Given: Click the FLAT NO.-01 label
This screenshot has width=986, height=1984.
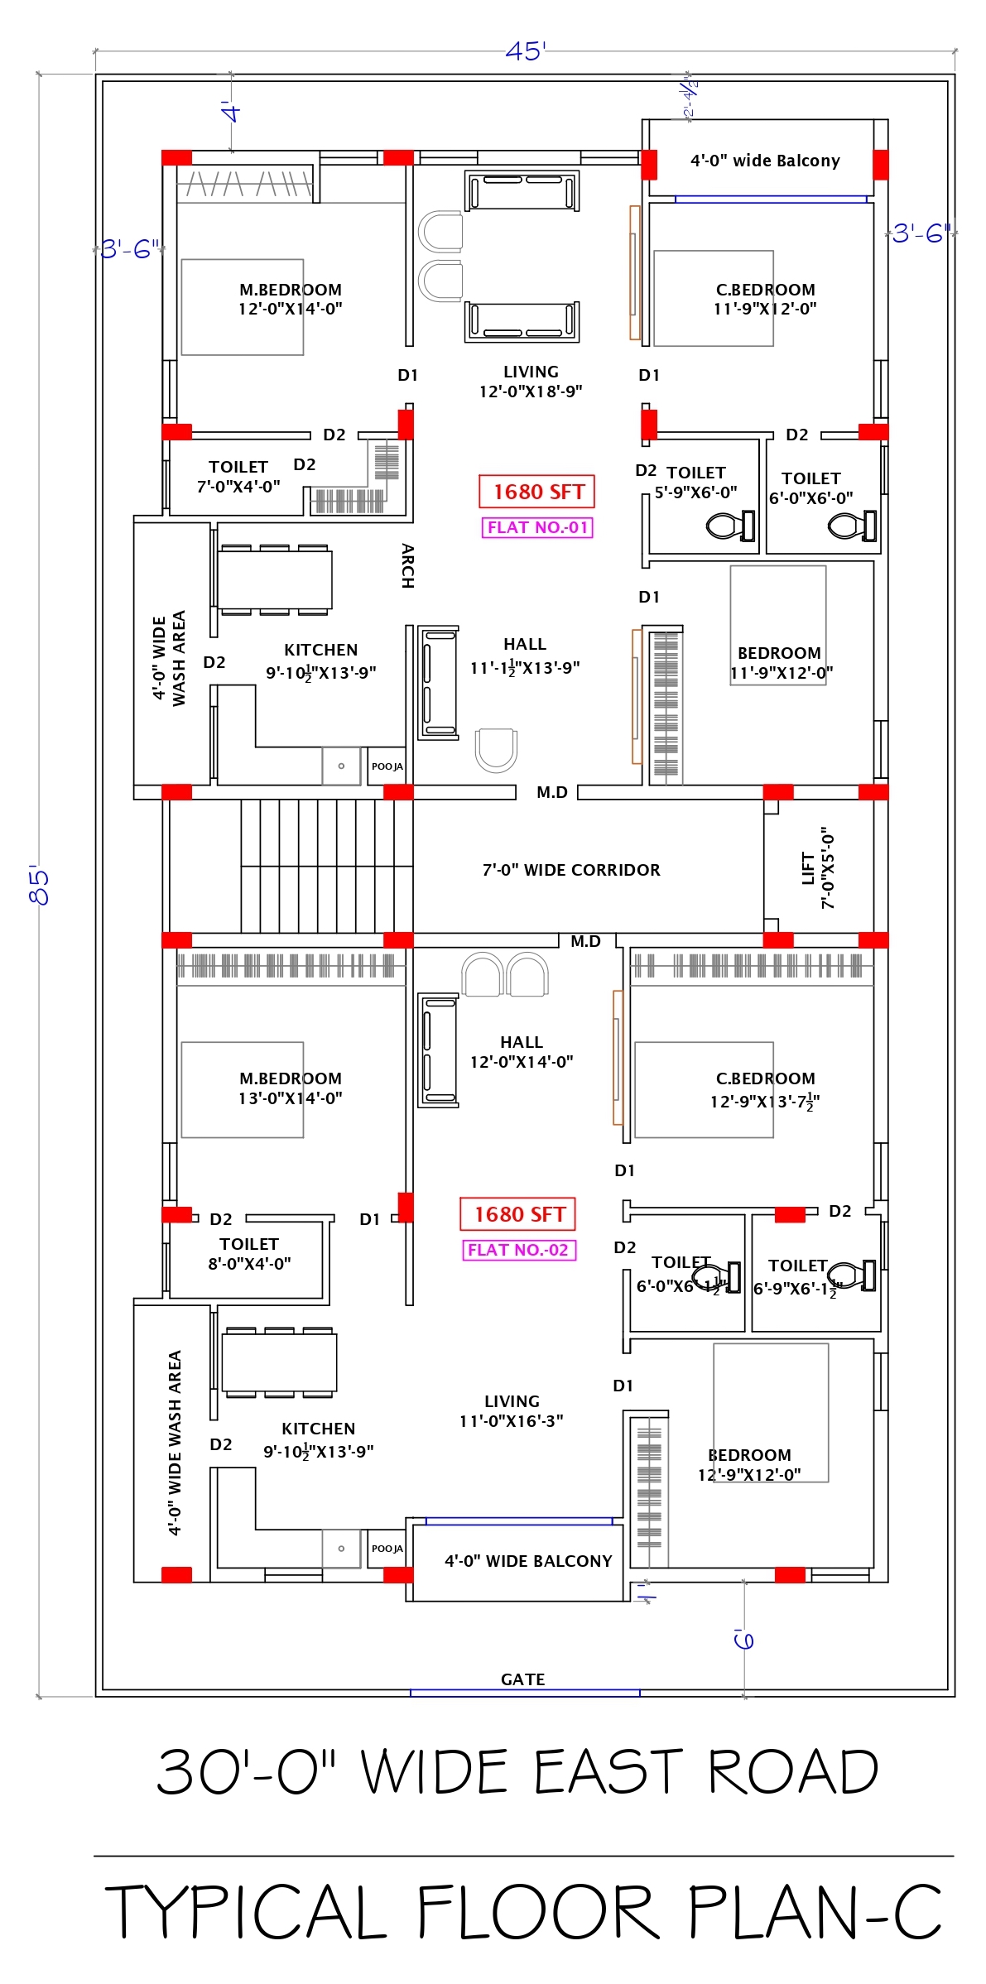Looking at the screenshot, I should tap(537, 527).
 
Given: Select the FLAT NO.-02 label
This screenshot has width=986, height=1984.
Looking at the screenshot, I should tap(518, 1250).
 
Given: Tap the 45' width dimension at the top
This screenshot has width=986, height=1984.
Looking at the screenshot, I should tap(526, 51).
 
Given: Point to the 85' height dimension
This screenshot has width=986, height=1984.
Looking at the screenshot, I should tap(39, 886).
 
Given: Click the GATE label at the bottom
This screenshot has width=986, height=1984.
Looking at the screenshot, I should tap(522, 1679).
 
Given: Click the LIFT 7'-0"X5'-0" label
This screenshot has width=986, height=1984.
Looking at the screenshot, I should tap(818, 868).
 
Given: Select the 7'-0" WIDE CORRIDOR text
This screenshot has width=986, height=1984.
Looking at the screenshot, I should tap(571, 870).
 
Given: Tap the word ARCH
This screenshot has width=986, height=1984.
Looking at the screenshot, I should tap(407, 565).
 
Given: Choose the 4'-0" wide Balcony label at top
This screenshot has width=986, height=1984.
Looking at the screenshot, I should tap(765, 161).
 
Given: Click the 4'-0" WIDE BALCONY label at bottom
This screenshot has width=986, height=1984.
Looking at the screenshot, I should tap(528, 1561).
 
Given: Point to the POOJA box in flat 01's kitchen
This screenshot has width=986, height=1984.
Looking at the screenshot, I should tap(387, 766).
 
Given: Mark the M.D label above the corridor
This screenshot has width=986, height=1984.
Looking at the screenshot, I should tap(551, 792).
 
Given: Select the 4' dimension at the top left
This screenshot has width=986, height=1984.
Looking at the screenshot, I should tap(231, 112).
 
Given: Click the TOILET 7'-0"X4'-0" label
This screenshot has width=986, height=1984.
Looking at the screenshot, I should tap(238, 477).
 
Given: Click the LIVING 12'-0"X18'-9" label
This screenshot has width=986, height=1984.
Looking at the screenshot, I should tap(531, 382).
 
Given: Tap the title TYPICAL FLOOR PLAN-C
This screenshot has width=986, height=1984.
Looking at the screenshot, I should tap(523, 1912).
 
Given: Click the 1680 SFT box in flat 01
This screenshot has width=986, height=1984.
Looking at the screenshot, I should tap(538, 492).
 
